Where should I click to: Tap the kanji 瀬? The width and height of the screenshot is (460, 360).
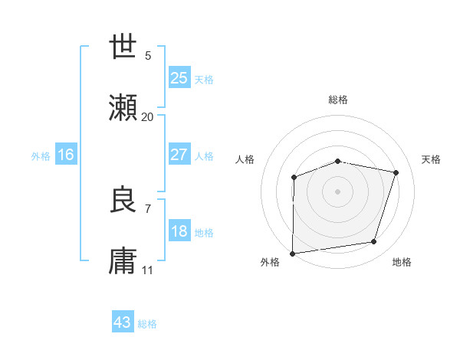click(123, 108)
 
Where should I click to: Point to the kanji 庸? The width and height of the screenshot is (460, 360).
click(123, 261)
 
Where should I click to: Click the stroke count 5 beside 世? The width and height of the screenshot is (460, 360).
click(148, 55)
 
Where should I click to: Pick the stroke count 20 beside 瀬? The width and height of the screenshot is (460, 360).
click(147, 117)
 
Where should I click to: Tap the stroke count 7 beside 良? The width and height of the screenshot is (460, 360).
click(148, 208)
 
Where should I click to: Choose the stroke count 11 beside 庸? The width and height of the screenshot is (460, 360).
click(148, 270)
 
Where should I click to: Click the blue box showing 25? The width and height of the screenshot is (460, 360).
click(179, 78)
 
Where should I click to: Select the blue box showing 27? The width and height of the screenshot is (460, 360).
click(179, 155)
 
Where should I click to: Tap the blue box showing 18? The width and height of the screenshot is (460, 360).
click(179, 231)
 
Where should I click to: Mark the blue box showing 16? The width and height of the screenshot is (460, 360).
click(65, 155)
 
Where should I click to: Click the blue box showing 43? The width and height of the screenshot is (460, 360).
click(123, 322)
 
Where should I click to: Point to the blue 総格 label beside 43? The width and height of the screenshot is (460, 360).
click(147, 324)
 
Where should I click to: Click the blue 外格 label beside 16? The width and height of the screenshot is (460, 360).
click(41, 156)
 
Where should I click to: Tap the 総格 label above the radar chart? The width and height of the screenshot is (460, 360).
click(338, 100)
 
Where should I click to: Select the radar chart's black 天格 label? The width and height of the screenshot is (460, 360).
click(432, 159)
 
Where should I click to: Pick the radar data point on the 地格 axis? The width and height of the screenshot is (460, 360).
click(374, 242)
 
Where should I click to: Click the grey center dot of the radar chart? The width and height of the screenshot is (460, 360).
click(337, 191)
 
